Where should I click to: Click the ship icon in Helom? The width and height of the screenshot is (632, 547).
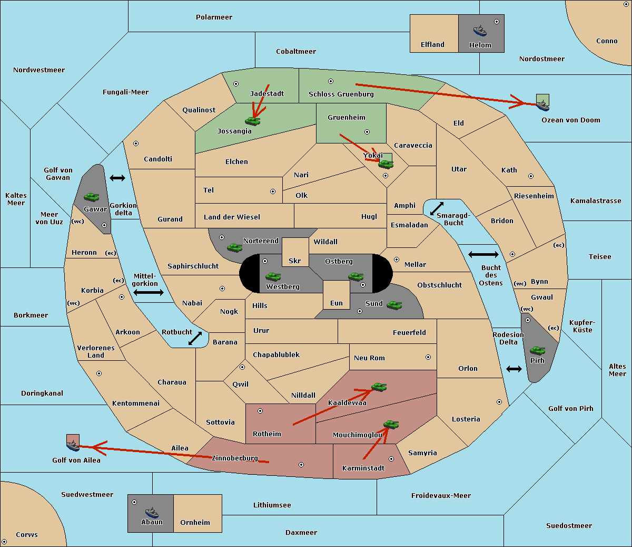pos(480,31)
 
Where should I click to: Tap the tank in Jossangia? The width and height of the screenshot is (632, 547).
pos(253,121)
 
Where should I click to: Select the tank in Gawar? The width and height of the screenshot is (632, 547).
pos(92,197)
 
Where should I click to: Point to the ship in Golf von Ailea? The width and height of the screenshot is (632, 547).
pos(73,446)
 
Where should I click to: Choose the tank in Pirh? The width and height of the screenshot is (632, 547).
pos(537,350)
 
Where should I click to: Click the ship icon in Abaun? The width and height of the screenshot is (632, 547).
pos(152,512)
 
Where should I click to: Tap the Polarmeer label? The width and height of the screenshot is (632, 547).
pos(214,17)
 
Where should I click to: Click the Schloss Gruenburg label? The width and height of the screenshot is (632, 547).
pos(341,94)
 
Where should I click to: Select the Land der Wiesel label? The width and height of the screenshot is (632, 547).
pos(232,217)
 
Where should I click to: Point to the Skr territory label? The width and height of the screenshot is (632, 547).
pos(295,261)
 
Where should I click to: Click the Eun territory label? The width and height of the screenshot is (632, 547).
pos(337,303)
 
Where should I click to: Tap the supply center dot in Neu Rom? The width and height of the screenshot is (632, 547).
pos(428,357)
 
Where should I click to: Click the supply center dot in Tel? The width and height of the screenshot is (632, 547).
pos(273,191)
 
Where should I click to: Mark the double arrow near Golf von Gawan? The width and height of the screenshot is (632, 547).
pos(117,178)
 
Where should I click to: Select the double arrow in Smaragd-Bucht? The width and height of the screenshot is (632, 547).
pos(437,208)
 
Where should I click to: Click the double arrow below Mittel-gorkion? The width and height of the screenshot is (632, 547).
pos(149,292)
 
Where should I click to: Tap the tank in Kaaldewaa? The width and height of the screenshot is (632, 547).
pos(379,387)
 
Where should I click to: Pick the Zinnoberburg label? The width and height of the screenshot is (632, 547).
pos(235,458)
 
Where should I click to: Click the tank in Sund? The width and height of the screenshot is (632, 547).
pos(394,305)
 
